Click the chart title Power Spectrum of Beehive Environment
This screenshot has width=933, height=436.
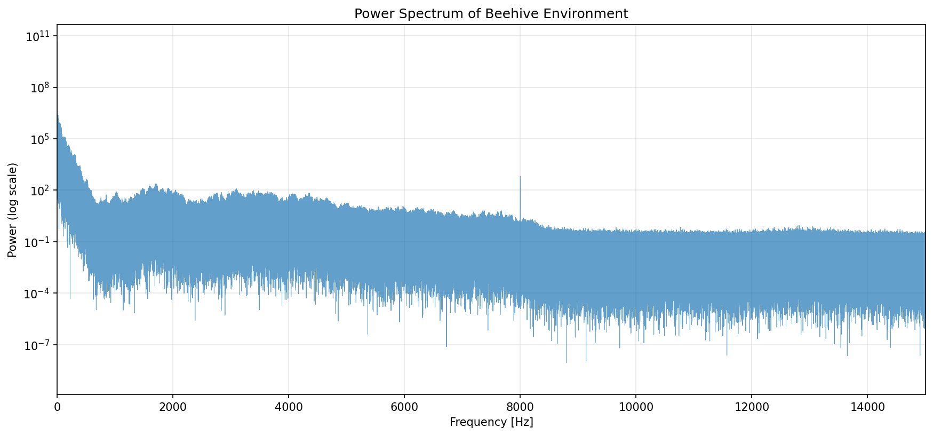point(491,14)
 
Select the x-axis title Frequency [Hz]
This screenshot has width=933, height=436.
point(491,422)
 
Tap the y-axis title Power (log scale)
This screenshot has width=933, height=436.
point(13,210)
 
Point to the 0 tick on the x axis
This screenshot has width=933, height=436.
point(57,407)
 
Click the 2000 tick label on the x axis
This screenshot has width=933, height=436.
point(172,407)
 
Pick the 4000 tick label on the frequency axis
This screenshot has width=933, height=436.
point(288,407)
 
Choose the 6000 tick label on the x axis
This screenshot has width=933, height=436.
point(404,407)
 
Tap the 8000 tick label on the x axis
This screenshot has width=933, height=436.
point(520,407)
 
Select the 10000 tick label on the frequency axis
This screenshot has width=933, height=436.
point(635,407)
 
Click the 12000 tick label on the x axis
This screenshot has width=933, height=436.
point(751,407)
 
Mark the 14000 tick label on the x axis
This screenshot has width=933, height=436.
point(867,407)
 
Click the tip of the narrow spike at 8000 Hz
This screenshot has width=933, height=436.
point(520,177)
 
